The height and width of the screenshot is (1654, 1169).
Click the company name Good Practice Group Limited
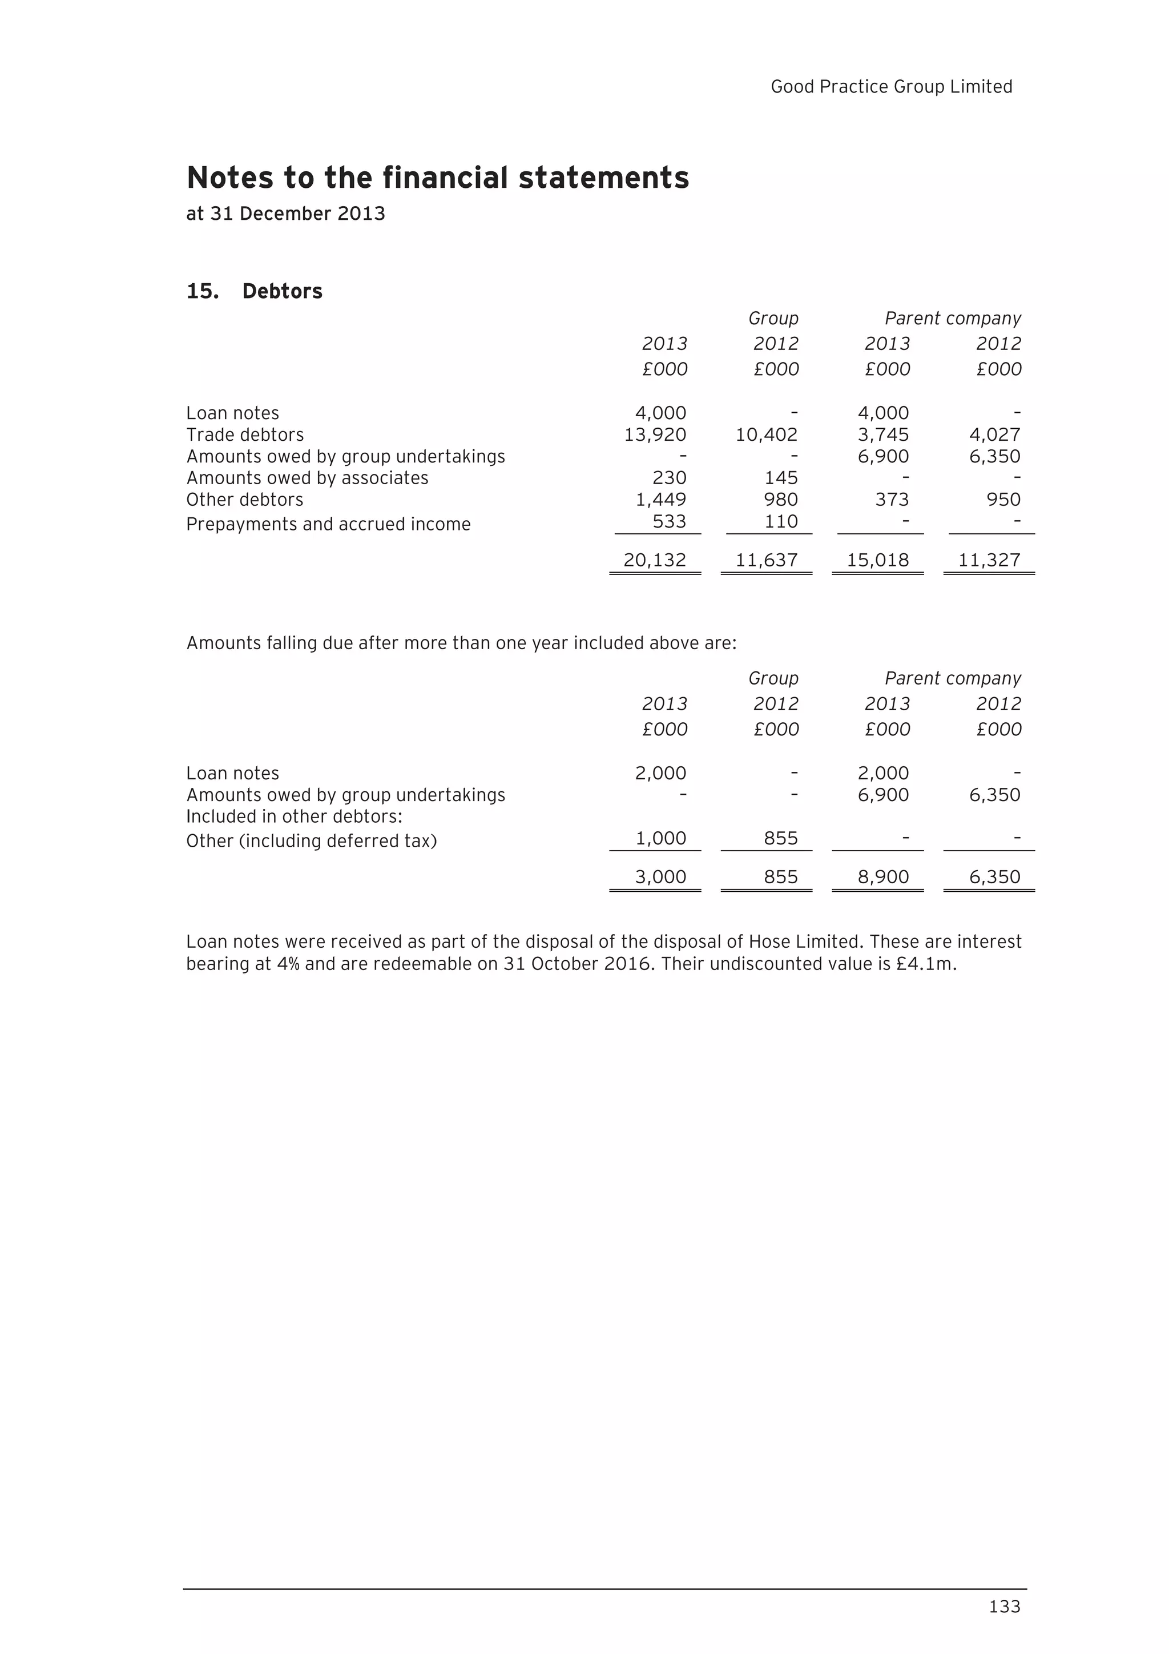[x=891, y=87]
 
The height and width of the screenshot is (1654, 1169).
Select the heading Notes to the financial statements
[x=437, y=178]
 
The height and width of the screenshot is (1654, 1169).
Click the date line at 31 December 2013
[x=285, y=214]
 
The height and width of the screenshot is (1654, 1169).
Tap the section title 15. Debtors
[x=254, y=291]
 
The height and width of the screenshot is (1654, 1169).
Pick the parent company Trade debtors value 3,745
[x=883, y=434]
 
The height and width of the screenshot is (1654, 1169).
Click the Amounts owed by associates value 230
[x=669, y=478]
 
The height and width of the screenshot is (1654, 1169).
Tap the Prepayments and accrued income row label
[x=328, y=525]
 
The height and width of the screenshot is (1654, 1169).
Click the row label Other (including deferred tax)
[x=311, y=842]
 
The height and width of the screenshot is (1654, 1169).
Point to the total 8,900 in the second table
[x=883, y=877]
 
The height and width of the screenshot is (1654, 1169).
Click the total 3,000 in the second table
[x=660, y=877]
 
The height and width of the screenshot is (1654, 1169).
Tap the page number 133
[x=1005, y=1607]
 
